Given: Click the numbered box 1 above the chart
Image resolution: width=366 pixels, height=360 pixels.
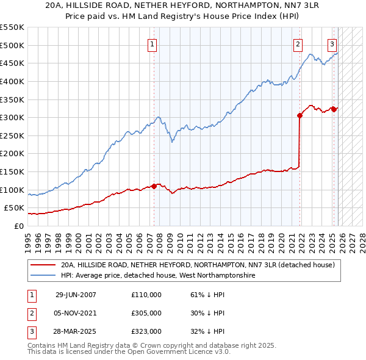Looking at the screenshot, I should tap(151, 43).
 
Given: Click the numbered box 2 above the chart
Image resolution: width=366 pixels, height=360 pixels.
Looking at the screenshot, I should tap(298, 43).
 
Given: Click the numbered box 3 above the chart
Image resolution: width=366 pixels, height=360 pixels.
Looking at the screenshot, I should tap(332, 43).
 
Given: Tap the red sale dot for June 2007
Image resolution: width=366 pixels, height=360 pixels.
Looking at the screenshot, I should tap(154, 186).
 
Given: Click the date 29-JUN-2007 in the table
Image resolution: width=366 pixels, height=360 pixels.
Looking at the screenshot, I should tap(76, 295).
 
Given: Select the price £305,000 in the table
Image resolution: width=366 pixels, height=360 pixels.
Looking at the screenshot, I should tap(146, 313).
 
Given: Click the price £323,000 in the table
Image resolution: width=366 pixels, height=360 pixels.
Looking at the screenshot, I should tap(146, 331).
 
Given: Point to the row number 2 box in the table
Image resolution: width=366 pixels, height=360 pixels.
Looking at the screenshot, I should tap(30, 313).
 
